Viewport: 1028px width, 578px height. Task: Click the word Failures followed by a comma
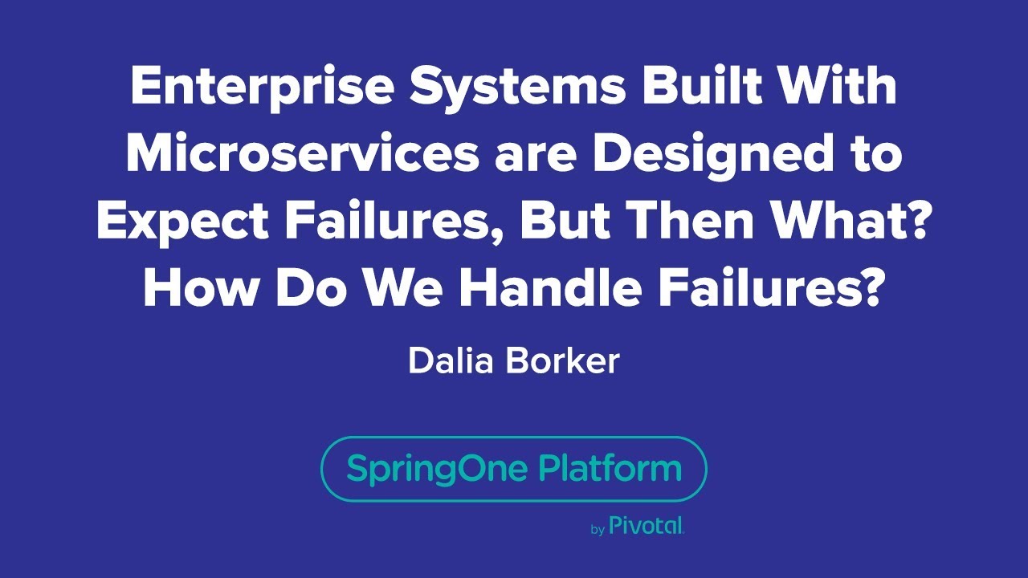tap(394, 222)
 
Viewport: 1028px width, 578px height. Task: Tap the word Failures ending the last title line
tap(762, 290)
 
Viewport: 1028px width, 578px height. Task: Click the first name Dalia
tap(451, 360)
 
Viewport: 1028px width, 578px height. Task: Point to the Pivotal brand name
tap(646, 526)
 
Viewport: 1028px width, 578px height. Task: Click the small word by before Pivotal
tap(598, 530)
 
